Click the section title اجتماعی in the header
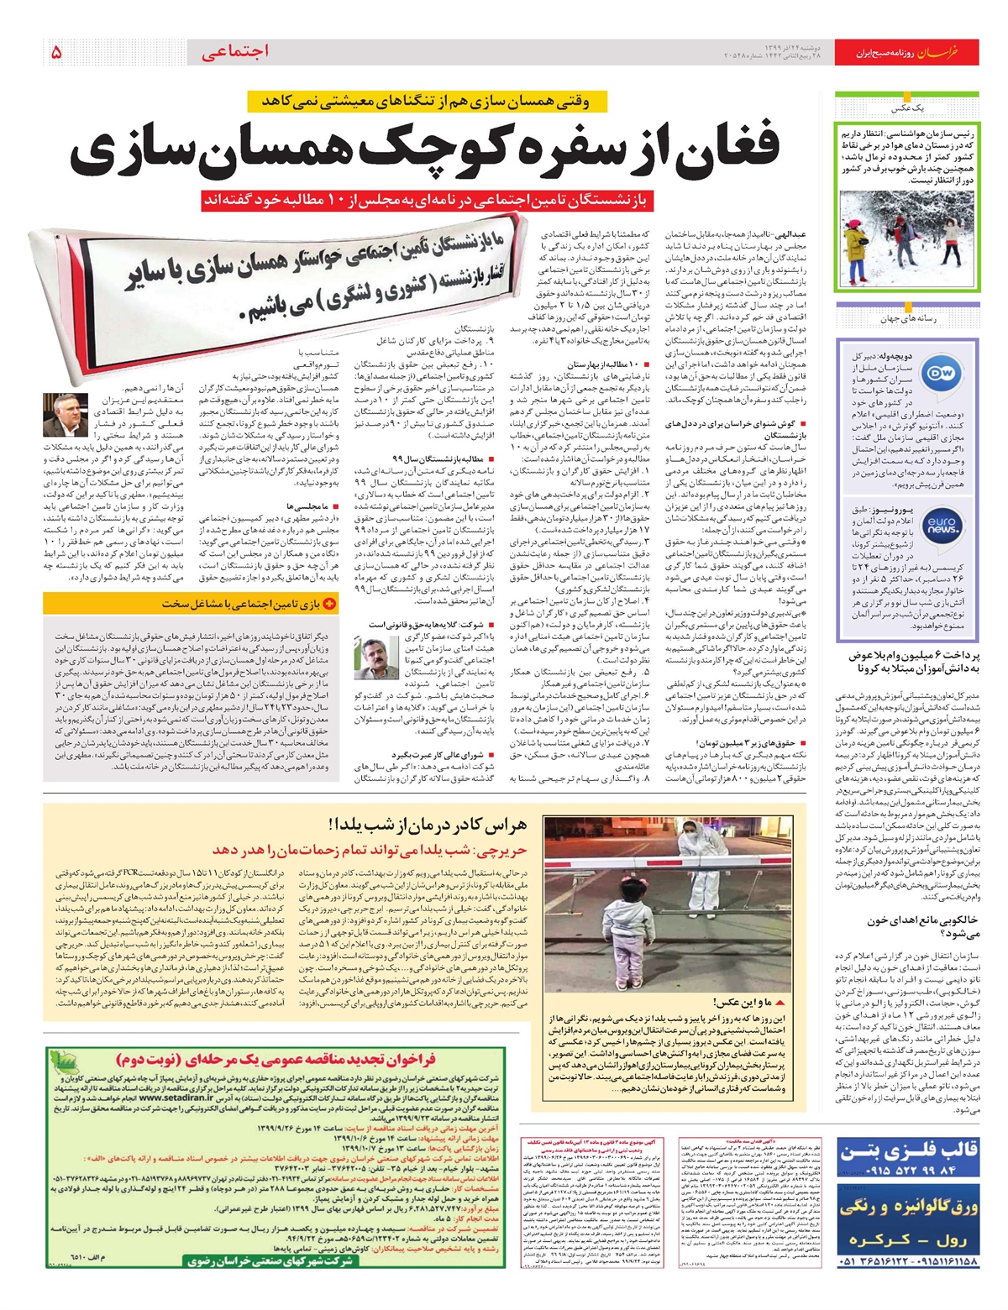235,52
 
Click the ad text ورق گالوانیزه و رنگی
909,1208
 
